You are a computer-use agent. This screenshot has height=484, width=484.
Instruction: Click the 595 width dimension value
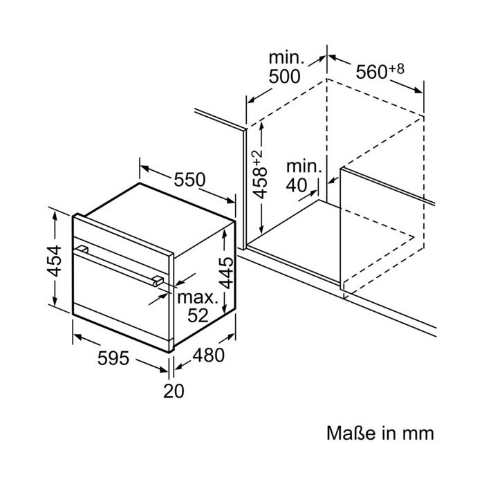click(x=113, y=358)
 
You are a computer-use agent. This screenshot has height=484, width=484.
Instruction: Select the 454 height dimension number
click(x=55, y=261)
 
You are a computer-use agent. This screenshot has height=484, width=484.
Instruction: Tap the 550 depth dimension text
click(x=189, y=180)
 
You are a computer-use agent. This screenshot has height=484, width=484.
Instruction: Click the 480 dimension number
click(x=209, y=355)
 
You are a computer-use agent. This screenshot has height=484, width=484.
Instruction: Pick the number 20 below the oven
click(x=174, y=391)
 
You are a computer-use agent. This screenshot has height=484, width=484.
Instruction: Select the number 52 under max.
click(x=198, y=315)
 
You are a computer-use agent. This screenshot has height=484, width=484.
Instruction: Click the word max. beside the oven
click(x=198, y=297)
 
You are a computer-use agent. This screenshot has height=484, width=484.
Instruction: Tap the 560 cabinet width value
click(x=371, y=72)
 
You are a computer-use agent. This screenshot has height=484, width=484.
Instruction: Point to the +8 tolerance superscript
click(x=396, y=69)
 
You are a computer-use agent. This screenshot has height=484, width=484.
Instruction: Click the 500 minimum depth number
click(x=284, y=77)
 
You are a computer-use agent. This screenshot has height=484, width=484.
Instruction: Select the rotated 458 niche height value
click(x=260, y=183)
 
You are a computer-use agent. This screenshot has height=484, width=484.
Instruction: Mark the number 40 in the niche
click(x=297, y=185)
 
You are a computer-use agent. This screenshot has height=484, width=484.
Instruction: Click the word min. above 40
click(x=304, y=167)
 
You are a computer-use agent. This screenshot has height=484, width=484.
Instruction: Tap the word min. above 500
click(x=286, y=58)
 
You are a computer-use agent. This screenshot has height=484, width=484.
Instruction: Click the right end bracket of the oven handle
click(x=158, y=281)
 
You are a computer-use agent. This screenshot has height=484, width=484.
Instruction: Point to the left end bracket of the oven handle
click(x=82, y=249)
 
